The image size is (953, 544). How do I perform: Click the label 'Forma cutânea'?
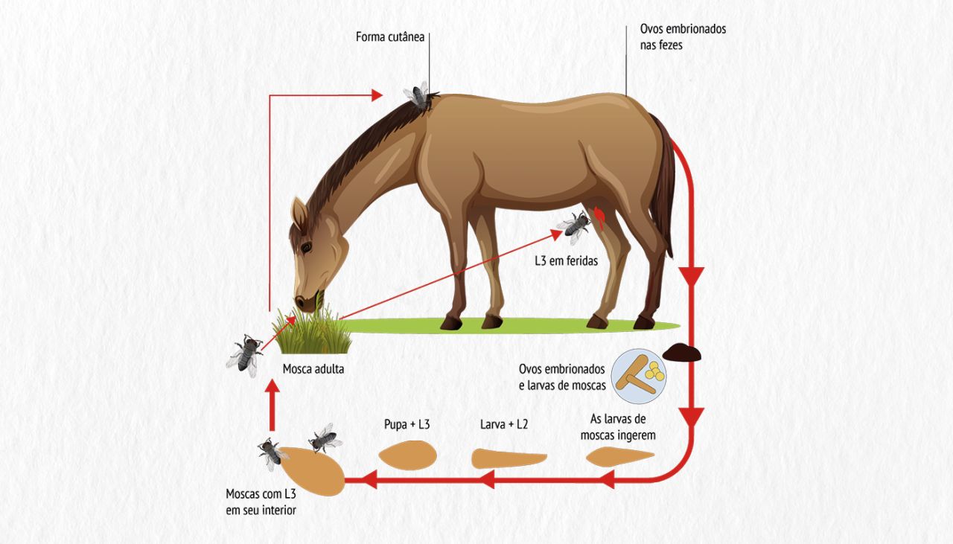tap(390, 37)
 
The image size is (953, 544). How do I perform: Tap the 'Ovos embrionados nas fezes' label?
tap(683, 37)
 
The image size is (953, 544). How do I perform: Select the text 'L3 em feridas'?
tap(567, 260)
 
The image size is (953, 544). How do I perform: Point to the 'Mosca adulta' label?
tap(313, 369)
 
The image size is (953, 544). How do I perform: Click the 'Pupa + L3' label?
tap(407, 424)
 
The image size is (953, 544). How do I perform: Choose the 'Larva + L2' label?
tap(504, 424)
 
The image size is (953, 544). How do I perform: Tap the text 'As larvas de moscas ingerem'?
tap(618, 427)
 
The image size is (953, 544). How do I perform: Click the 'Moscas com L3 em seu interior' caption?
tap(261, 502)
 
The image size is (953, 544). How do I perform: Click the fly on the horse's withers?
tap(418, 96)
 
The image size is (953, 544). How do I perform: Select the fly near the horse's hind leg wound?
tap(574, 226)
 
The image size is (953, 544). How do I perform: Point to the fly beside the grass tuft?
tap(245, 355)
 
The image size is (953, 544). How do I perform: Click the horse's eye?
tap(306, 246)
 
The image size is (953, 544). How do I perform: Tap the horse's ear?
tap(299, 214)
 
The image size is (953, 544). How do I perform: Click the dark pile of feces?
tap(681, 353)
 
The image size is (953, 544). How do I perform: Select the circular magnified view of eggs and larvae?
tap(639, 376)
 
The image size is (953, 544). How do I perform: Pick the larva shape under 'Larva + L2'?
tap(509, 458)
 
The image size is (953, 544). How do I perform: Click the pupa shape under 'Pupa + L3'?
tap(407, 455)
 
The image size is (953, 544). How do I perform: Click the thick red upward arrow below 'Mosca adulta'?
tap(272, 406)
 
